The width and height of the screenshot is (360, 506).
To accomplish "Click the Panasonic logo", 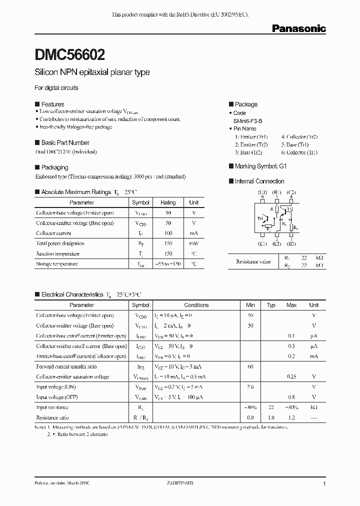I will pos(298,29).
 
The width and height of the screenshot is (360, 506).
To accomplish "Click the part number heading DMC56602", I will pos(69,53).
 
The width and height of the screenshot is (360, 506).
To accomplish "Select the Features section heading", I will pos(52,104).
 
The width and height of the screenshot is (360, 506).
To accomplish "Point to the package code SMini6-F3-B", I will pos(248,121).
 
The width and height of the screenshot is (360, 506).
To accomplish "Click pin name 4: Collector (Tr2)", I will pos(299,136).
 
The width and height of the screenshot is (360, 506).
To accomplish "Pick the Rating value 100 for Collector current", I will pos(168,233).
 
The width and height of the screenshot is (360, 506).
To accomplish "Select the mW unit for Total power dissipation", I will pos(193,243).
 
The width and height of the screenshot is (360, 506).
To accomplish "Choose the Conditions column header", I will pos(196,305).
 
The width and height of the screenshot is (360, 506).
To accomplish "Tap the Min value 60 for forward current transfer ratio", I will pos(250,366).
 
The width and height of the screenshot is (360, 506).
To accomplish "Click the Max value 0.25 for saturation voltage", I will pos(291,376).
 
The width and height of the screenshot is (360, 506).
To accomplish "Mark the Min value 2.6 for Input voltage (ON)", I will pos(250,387).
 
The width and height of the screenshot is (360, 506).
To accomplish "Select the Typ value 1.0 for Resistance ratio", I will pos(271,417).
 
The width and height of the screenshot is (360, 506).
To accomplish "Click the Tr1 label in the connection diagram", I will pos(260,218).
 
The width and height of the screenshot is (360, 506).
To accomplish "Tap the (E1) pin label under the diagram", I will pos(262,244).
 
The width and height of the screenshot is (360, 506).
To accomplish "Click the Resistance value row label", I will pos(253,261).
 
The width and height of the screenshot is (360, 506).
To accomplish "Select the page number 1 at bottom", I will pos(324,484).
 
